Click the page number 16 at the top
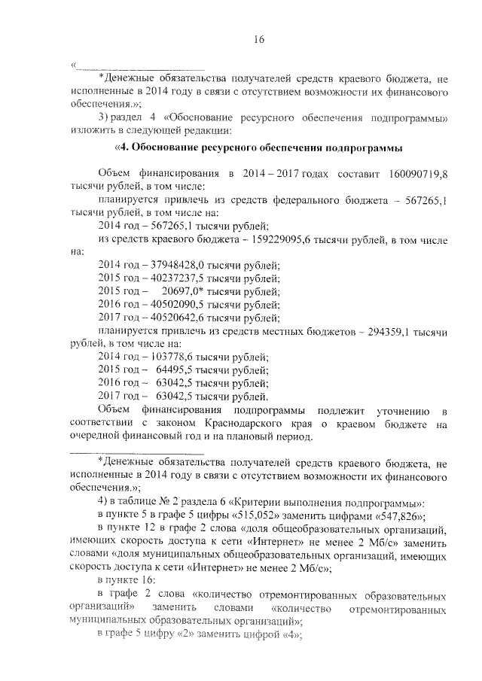(x=259, y=40)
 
